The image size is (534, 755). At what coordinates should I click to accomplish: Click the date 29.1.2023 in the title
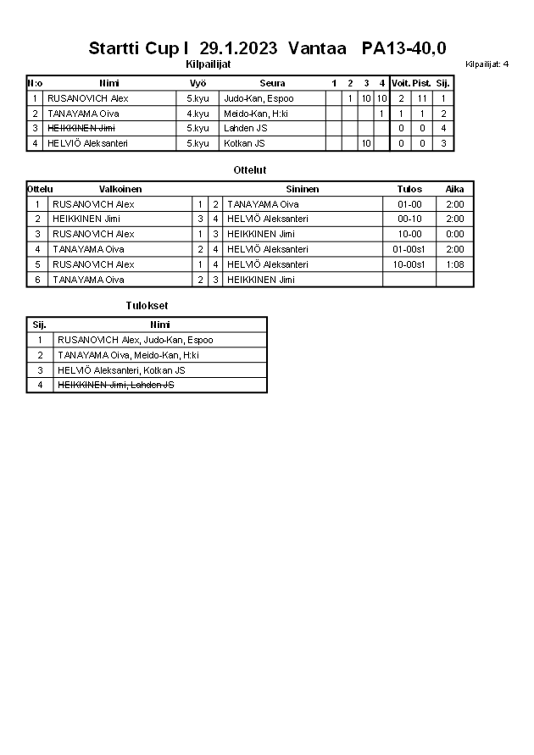[238, 48]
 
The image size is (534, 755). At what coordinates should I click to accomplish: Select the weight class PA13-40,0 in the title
[403, 48]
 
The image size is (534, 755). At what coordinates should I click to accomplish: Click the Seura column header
[272, 83]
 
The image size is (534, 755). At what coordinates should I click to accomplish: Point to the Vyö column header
[198, 83]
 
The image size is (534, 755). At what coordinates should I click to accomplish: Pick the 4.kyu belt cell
[198, 114]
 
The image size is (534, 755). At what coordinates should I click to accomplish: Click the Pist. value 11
[422, 98]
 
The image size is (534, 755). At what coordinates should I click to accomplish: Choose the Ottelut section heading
[250, 170]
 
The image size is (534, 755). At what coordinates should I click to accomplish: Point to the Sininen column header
[303, 189]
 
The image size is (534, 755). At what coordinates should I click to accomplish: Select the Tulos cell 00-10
[409, 219]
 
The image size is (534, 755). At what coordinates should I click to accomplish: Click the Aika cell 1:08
[454, 264]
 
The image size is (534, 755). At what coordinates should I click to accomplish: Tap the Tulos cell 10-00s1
[409, 264]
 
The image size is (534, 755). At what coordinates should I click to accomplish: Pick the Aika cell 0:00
[454, 234]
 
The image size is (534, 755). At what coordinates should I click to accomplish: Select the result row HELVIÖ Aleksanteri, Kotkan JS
[121, 370]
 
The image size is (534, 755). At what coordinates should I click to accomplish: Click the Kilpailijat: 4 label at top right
[487, 64]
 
